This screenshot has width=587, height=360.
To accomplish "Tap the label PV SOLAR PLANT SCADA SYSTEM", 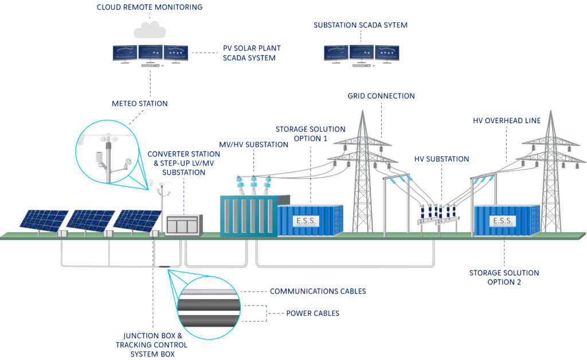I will (252, 53).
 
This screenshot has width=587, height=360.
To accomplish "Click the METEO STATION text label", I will (139, 104).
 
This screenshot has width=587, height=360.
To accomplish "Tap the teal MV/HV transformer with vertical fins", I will (248, 216).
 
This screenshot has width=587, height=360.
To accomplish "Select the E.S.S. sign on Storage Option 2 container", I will (503, 221).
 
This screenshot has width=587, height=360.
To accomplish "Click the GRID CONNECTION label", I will (381, 96).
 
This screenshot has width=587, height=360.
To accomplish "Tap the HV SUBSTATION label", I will (441, 159).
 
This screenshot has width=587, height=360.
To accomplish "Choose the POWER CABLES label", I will (312, 314).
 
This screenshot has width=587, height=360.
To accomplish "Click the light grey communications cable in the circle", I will (207, 292).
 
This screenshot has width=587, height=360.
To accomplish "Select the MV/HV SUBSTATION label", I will (253, 144).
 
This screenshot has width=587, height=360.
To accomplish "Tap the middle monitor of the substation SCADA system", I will (361, 53).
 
